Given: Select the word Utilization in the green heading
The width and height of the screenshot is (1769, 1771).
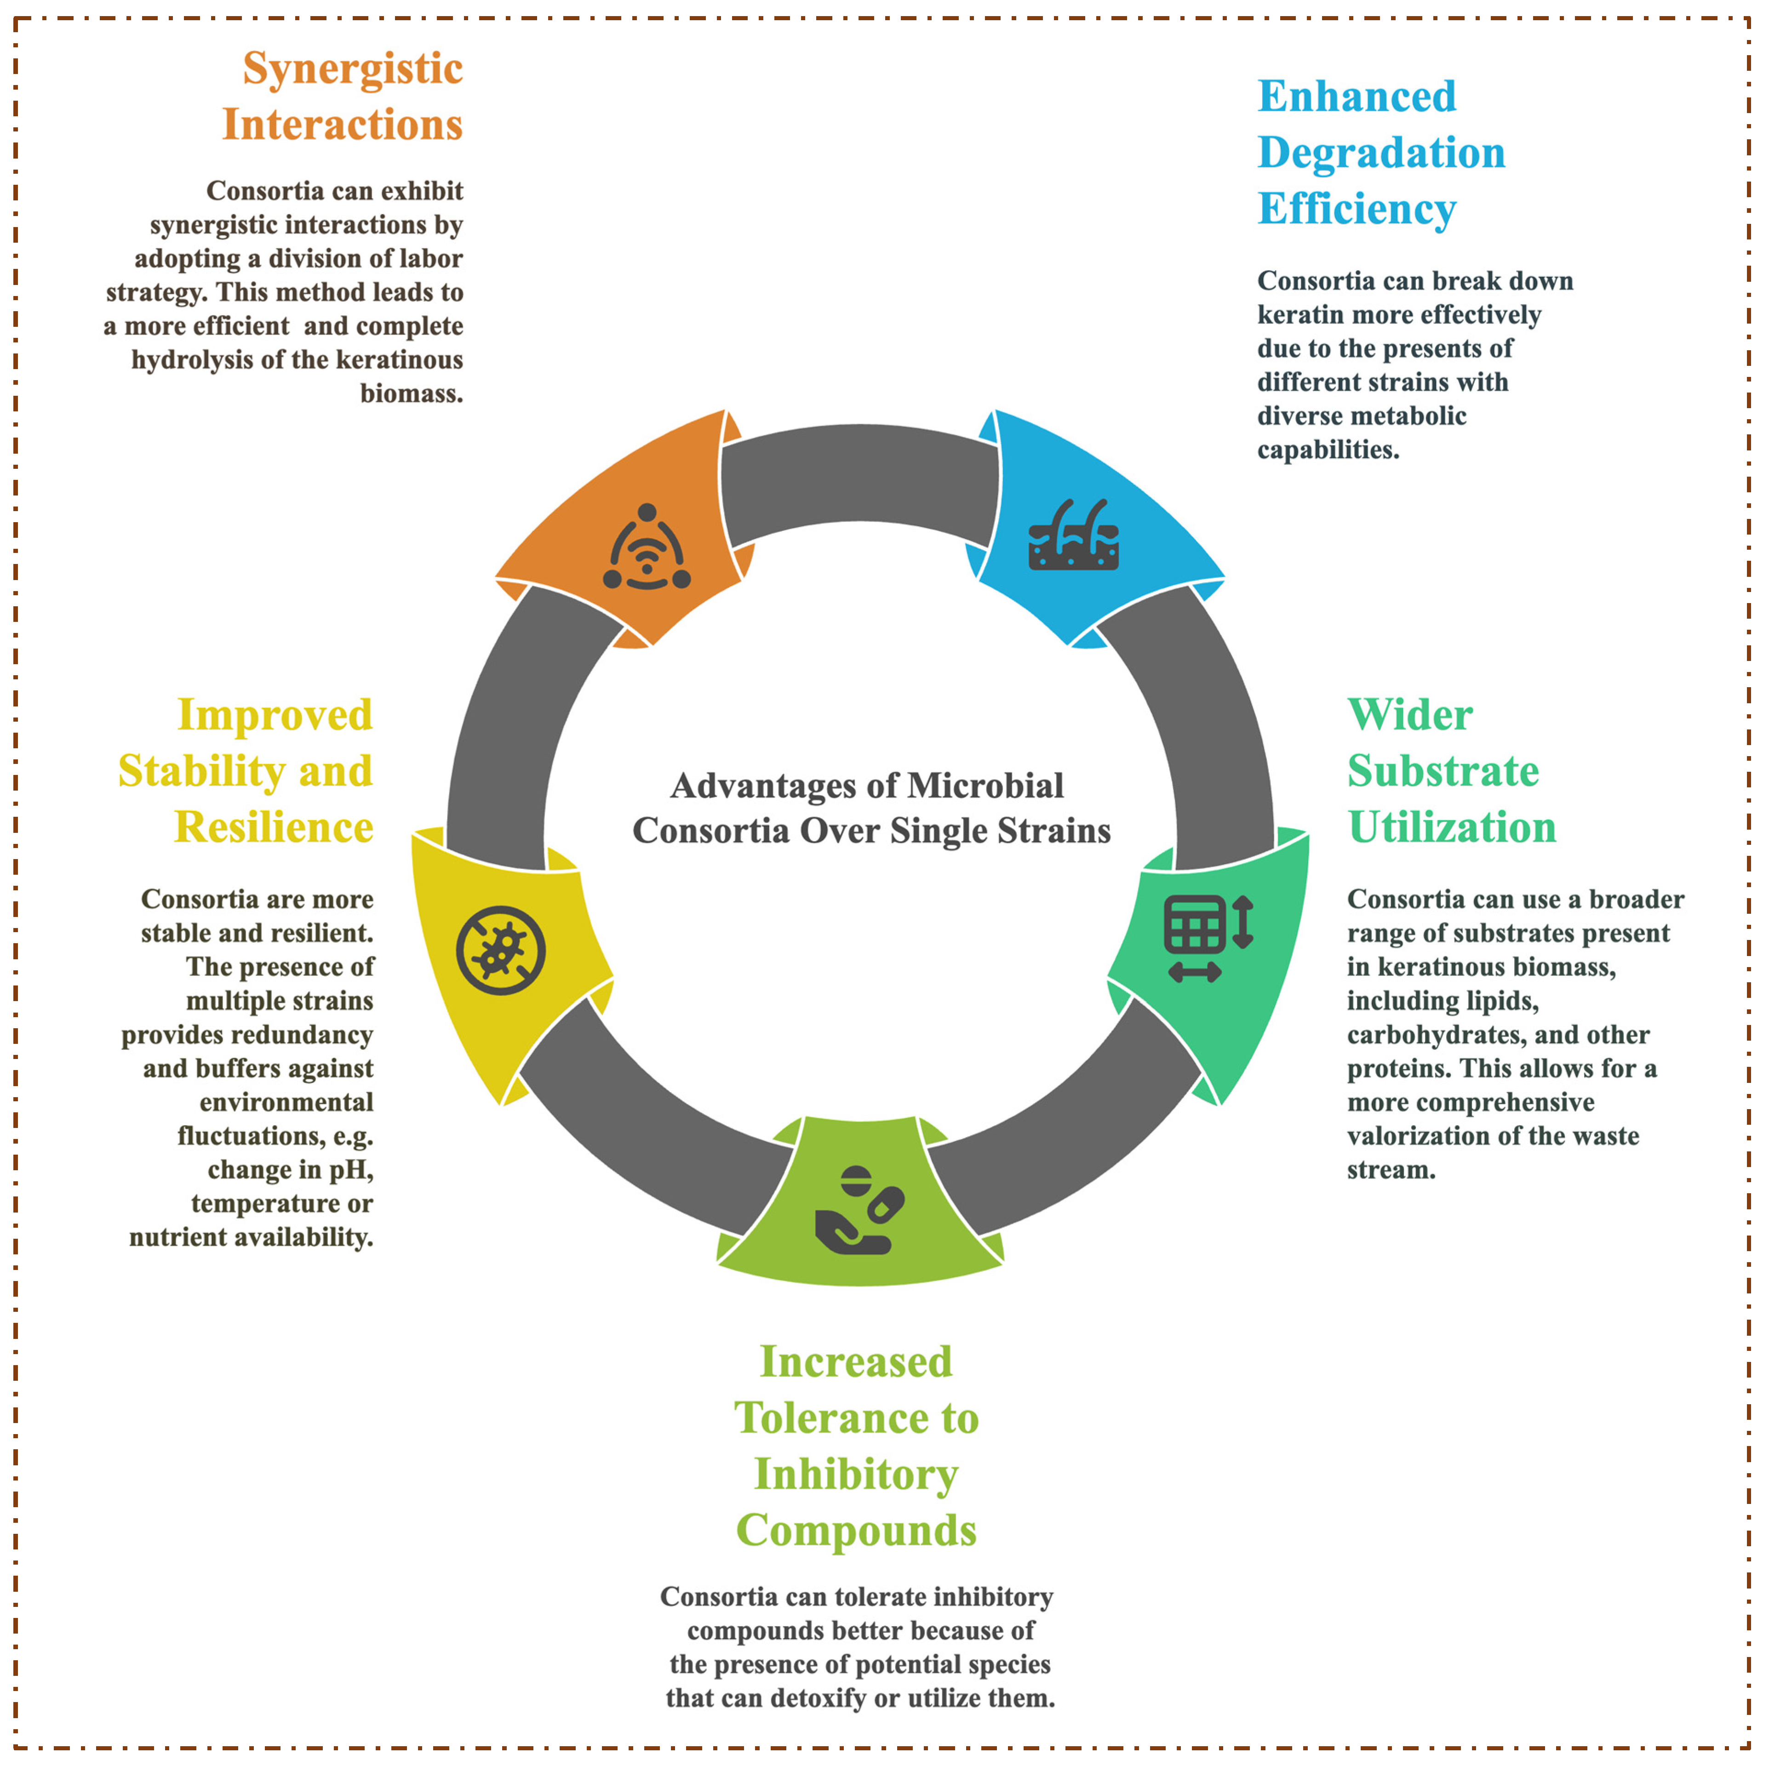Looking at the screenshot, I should pos(1452,828).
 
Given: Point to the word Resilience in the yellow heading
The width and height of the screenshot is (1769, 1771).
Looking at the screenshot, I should pos(274,828).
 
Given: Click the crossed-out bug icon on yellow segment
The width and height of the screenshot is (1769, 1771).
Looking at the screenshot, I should pos(501,951).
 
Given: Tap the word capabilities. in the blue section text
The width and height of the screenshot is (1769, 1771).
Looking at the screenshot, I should pos(1328,450).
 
